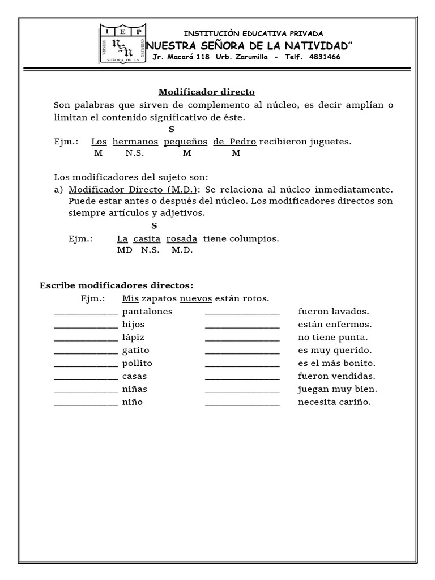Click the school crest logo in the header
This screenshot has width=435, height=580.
122,44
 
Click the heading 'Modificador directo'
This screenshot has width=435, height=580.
206,92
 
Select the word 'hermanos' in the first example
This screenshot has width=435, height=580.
135,142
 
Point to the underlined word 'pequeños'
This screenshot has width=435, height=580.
185,142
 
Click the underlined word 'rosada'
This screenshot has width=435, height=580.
181,239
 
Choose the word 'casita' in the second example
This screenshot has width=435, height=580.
147,239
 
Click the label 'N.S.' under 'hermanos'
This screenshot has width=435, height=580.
135,153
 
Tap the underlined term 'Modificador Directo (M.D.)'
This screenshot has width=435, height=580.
133,190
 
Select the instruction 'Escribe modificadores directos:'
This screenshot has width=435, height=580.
116,285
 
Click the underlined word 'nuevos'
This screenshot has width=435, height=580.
195,298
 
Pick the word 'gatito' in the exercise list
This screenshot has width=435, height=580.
135,351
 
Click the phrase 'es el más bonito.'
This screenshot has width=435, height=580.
336,363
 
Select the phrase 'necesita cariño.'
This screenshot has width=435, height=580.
334,402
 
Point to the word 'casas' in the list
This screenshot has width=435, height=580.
134,376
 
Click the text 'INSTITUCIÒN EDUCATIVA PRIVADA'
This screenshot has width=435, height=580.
254,33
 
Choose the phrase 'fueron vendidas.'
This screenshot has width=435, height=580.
336,376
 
